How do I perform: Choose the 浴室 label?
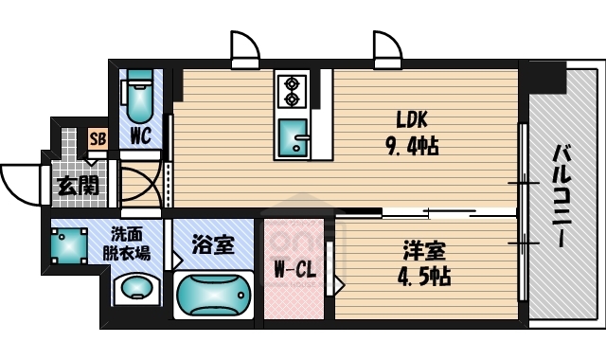(212, 245)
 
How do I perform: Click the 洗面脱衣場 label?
(129, 245)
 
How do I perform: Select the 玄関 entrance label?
(77, 185)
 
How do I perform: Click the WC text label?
(142, 136)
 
